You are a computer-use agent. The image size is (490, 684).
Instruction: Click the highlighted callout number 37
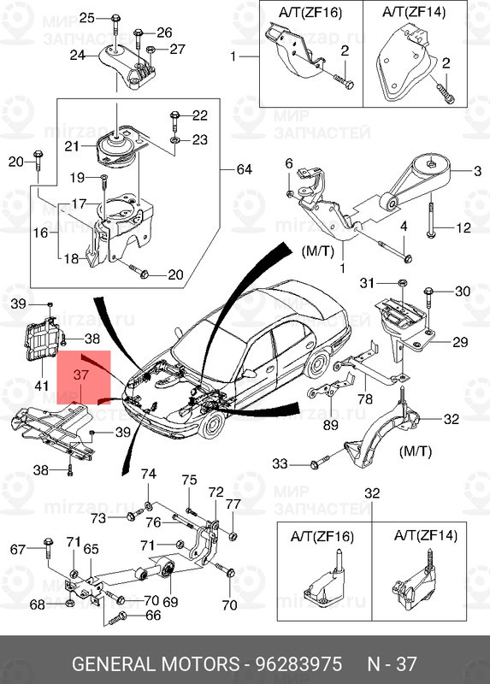[80, 374]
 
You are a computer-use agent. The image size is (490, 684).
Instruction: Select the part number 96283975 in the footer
[295, 664]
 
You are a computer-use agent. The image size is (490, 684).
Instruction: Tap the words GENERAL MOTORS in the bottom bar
[155, 664]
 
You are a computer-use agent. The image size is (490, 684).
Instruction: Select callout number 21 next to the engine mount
[72, 146]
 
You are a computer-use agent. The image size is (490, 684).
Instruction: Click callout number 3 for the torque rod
[477, 172]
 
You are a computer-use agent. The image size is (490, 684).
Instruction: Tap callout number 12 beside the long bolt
[463, 227]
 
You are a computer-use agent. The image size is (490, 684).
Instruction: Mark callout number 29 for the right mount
[459, 342]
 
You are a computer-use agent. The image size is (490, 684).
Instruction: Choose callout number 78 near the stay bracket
[364, 398]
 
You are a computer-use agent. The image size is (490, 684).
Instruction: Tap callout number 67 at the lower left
[17, 548]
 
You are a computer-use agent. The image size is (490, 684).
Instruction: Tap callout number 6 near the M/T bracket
[288, 162]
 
